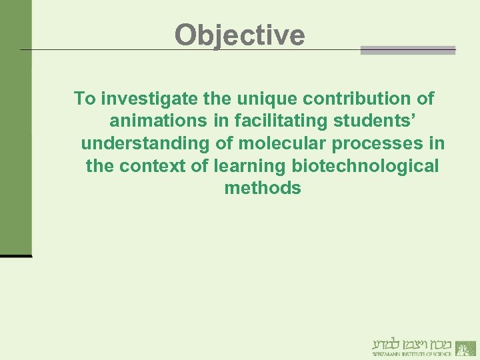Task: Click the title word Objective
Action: (239, 35)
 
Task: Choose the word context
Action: (154, 166)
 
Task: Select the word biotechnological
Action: (365, 166)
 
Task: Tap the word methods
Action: (263, 188)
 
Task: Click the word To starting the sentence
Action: (85, 99)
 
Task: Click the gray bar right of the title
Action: (408, 50)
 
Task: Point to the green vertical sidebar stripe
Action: (15, 127)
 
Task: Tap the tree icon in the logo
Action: (466, 347)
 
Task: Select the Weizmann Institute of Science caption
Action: (412, 354)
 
